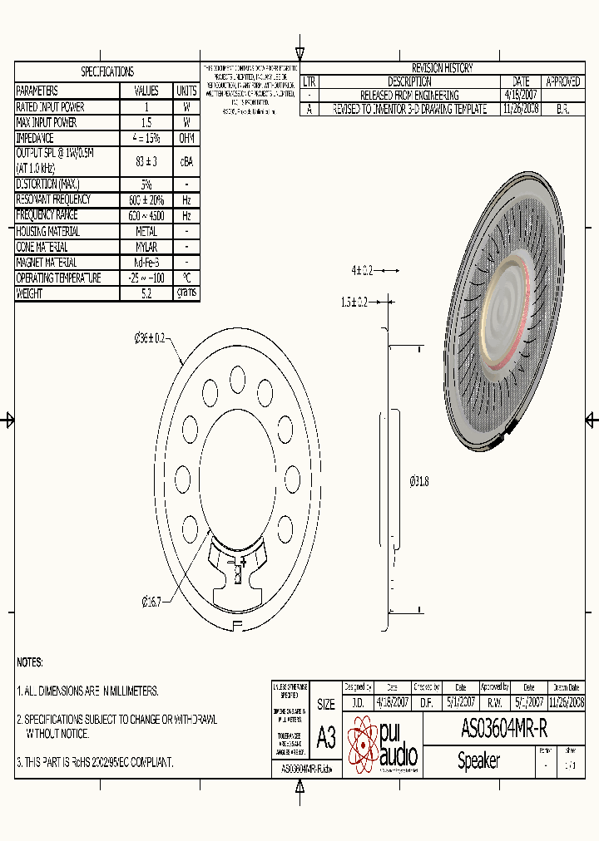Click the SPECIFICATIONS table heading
coord(106,72)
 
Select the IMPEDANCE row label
coord(35,138)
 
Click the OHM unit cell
coord(186,138)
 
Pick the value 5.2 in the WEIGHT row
coord(146,293)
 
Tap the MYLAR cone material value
coord(146,247)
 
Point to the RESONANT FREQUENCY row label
coord(53,199)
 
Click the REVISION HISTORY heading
coord(442,68)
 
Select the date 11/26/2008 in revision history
coord(521,109)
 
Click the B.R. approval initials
coord(562,109)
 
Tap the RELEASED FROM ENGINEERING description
coord(409,96)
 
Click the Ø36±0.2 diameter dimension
coord(150,338)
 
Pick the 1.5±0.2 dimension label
coord(354,302)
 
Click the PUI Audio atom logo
coord(363,745)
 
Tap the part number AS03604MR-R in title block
coord(504,729)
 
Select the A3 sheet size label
coord(326,738)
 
